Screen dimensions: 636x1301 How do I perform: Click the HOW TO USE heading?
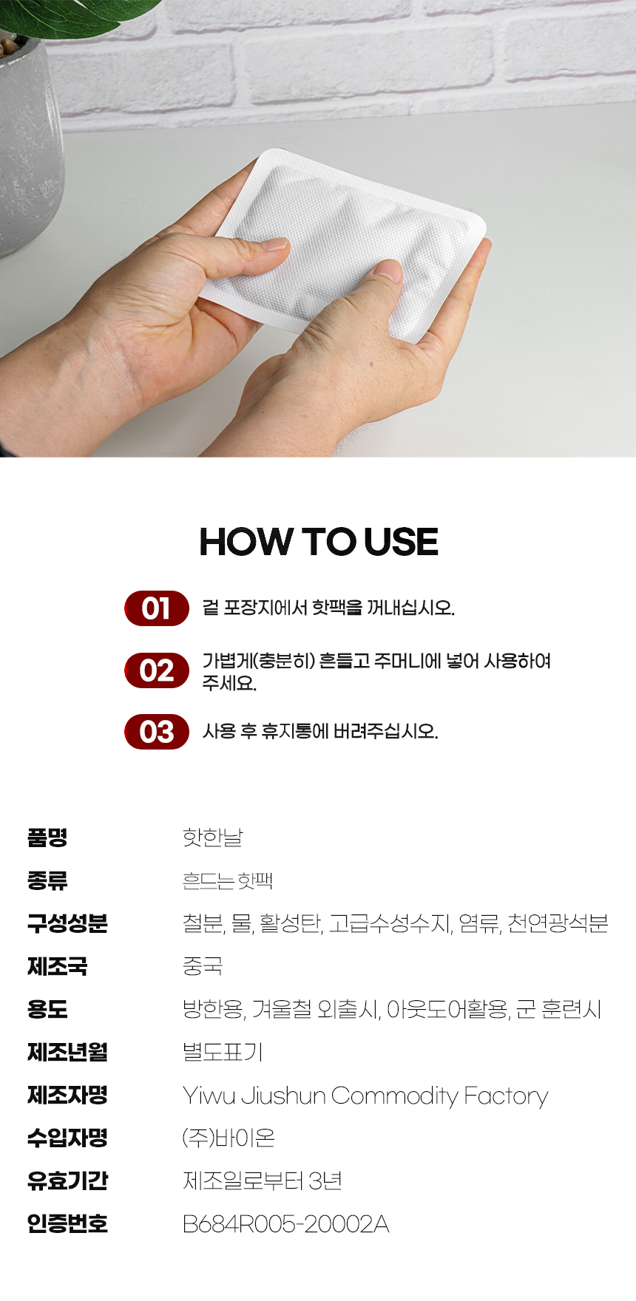[319, 542]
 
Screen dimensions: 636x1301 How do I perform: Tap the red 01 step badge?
[157, 608]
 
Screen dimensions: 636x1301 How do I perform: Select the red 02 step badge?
[157, 670]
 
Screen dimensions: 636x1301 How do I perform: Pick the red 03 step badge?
[157, 732]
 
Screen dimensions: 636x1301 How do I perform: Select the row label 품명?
[47, 838]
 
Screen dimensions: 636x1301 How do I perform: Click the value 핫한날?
[213, 838]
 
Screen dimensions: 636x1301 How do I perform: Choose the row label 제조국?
[57, 966]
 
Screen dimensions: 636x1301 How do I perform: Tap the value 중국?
[203, 966]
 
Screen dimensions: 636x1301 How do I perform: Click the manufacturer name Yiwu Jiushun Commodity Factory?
[365, 1096]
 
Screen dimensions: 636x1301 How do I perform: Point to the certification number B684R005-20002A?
[285, 1224]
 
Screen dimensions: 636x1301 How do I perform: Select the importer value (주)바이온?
[229, 1138]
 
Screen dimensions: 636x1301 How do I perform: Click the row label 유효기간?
[67, 1181]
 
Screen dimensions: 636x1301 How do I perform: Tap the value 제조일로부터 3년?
[263, 1181]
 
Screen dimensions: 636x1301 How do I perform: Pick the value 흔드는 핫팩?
[228, 880]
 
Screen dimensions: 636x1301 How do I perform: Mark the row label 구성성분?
[67, 923]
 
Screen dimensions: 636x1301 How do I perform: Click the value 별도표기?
[223, 1052]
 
